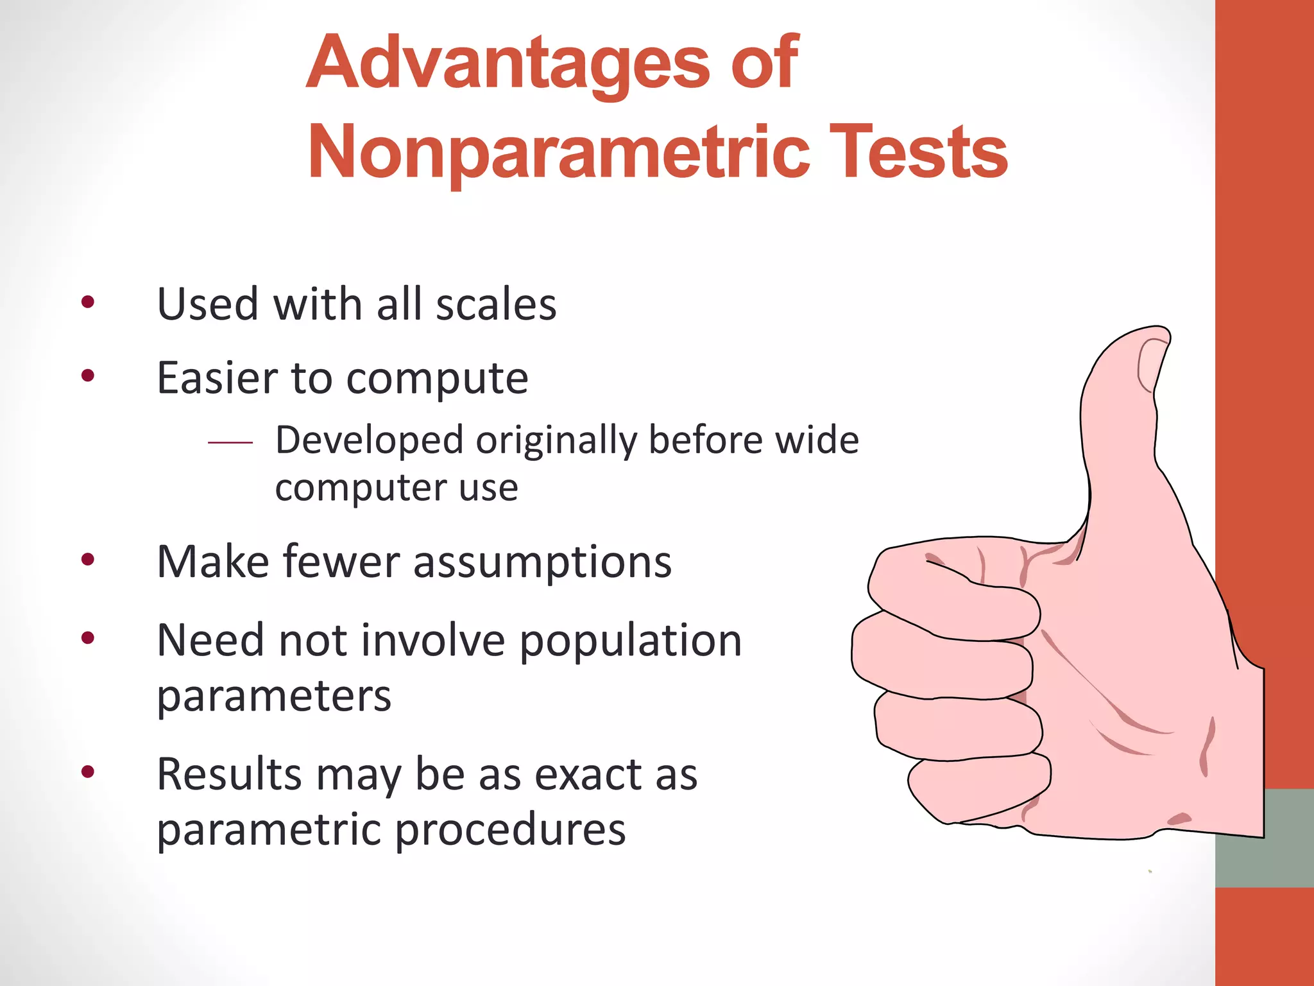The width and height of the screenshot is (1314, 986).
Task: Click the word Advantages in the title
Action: [508, 64]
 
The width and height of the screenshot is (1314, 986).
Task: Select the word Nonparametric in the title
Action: [559, 153]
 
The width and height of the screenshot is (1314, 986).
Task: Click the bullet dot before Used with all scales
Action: [88, 302]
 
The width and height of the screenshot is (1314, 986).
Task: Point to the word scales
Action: [496, 304]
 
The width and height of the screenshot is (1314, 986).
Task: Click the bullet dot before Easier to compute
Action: [88, 376]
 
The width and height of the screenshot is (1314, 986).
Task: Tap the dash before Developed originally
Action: [230, 442]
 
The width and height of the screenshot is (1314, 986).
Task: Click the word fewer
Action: [341, 562]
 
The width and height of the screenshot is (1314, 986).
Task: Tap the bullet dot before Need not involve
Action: [88, 638]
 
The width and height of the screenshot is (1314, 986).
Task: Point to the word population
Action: [630, 642]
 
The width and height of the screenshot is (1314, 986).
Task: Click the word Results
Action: [228, 775]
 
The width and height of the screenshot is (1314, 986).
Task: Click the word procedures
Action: [510, 831]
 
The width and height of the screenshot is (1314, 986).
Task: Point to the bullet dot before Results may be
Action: [88, 772]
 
